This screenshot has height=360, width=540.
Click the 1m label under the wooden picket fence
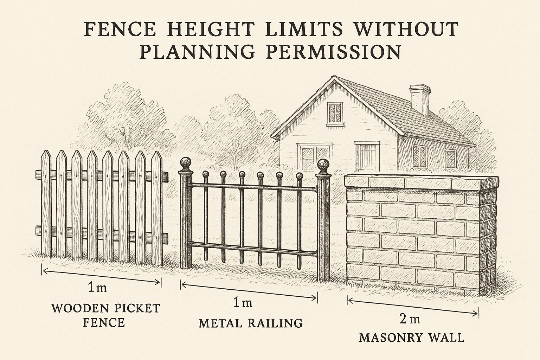97,288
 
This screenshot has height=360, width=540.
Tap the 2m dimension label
410,319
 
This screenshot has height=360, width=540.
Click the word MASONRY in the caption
391,338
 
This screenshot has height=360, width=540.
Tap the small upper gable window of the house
335,112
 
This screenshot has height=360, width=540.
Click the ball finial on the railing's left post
186,163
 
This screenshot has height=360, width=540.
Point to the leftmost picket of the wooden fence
46,204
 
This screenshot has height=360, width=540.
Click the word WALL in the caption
448,338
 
